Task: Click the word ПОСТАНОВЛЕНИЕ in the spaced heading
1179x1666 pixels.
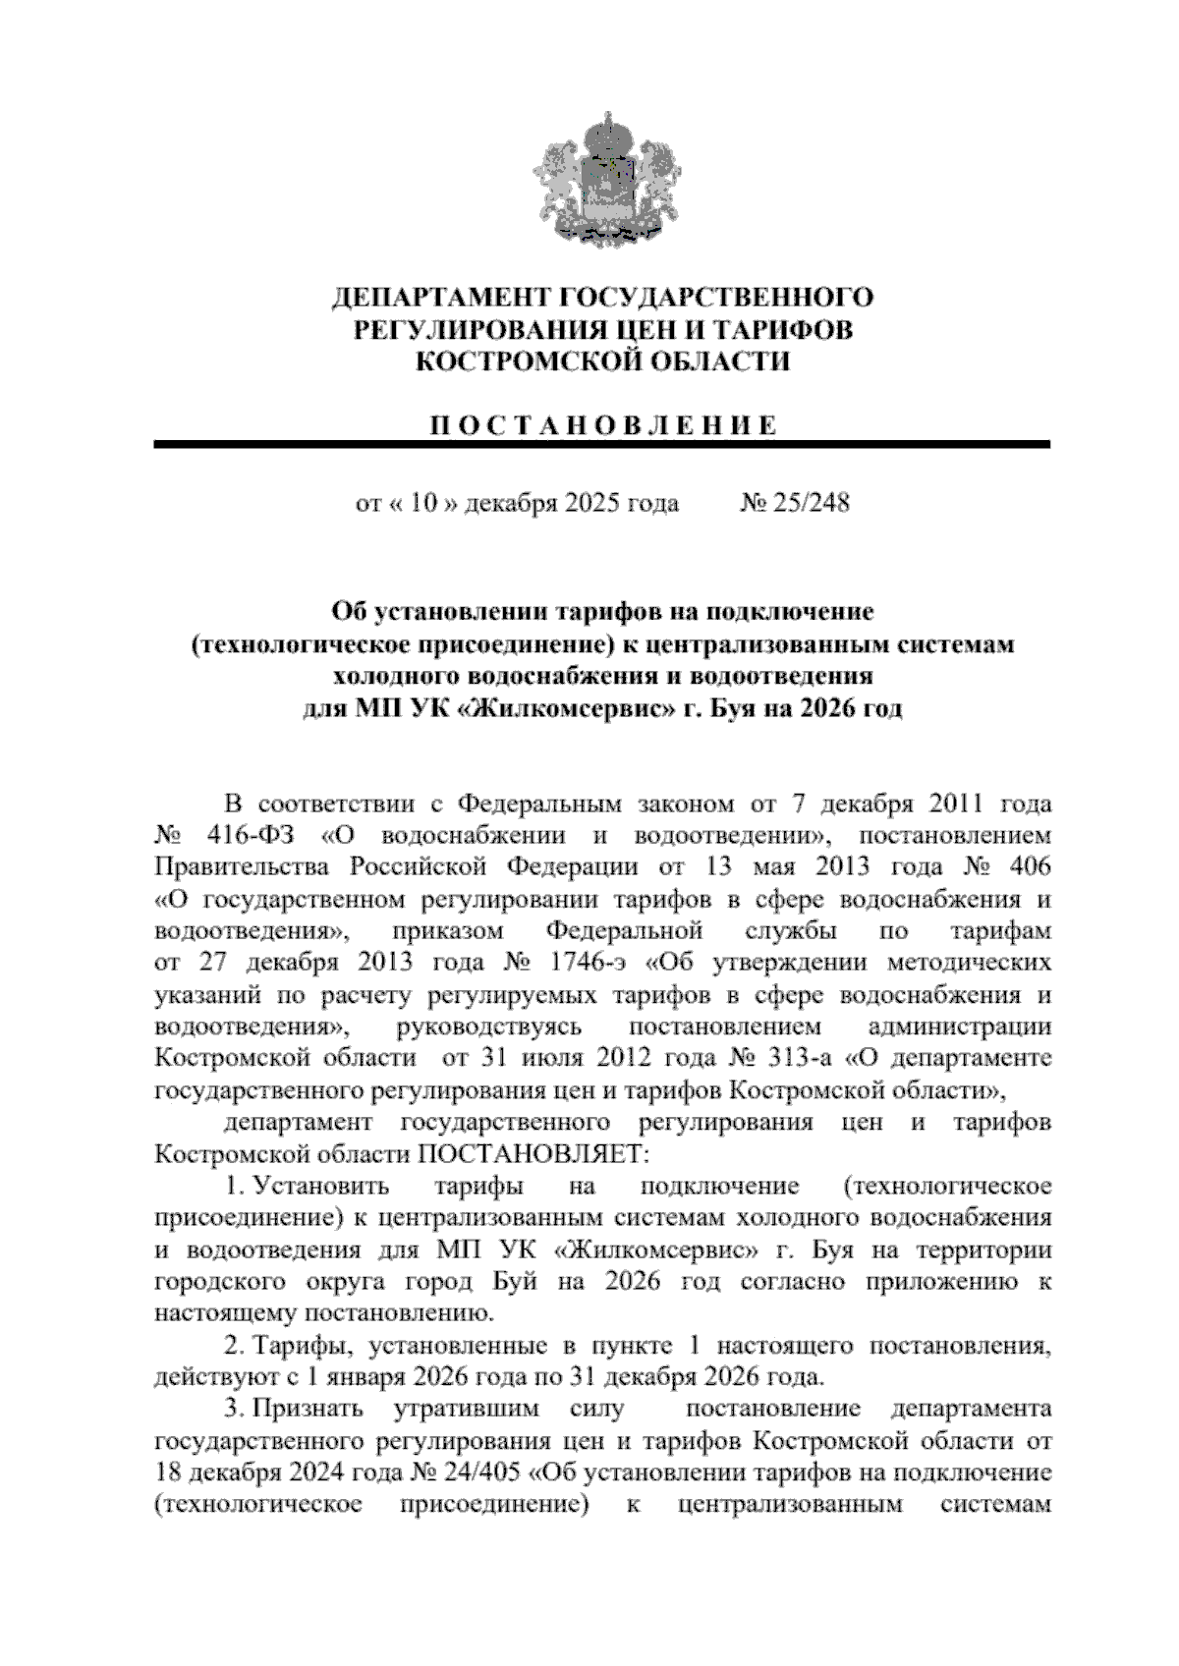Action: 602,425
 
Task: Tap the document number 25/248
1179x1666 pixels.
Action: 812,504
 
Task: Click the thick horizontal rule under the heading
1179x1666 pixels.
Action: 602,447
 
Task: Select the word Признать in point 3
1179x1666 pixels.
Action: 307,1410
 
